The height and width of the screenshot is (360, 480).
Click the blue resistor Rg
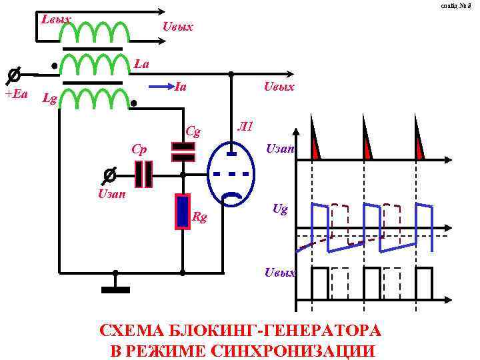click(x=182, y=211)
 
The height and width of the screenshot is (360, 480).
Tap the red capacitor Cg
click(x=183, y=152)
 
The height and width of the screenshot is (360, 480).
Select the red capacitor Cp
click(x=143, y=174)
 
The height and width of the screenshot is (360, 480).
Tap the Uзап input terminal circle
click(x=109, y=175)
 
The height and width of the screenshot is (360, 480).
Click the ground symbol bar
click(x=115, y=289)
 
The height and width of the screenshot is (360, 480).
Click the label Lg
click(x=48, y=100)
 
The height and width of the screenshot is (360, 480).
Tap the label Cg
click(x=193, y=131)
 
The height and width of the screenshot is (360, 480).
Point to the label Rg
click(x=199, y=216)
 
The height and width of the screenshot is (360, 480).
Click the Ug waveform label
click(x=280, y=209)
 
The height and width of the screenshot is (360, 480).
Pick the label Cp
click(x=139, y=148)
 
